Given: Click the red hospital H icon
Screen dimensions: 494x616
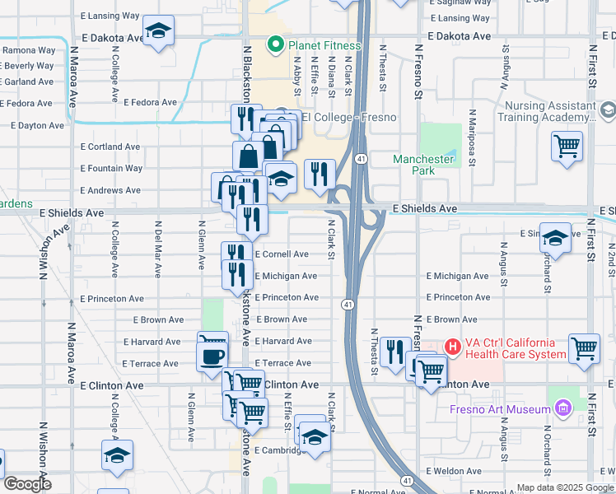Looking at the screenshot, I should point(452,347).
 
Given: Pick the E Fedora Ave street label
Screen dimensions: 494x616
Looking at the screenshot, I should point(150,103).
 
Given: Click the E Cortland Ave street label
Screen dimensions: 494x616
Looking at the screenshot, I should point(110,147).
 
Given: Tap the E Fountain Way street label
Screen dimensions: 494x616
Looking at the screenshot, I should point(111,169).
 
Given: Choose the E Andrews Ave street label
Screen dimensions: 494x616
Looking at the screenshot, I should point(110,190).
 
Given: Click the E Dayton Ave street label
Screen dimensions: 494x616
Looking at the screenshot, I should point(37,126).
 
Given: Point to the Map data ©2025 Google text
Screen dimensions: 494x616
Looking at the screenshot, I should point(565,487).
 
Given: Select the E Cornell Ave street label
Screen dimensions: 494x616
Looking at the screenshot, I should point(282,254).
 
